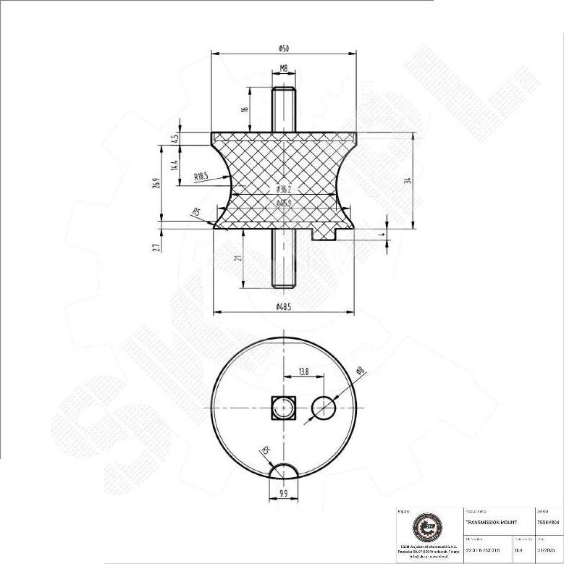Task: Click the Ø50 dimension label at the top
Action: (x=283, y=48)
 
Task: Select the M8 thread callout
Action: (x=283, y=69)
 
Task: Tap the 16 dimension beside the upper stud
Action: (x=245, y=109)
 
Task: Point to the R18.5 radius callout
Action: (x=201, y=176)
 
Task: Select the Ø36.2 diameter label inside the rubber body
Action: (x=283, y=190)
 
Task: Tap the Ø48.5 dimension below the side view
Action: (x=283, y=308)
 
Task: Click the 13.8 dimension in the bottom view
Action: (x=303, y=371)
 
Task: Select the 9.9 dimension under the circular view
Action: (x=283, y=495)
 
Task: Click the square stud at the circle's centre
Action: (x=283, y=409)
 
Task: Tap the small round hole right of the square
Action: (x=324, y=409)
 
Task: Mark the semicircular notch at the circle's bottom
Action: (x=283, y=473)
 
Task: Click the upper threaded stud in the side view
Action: (x=283, y=109)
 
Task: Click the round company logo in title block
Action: (x=423, y=528)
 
